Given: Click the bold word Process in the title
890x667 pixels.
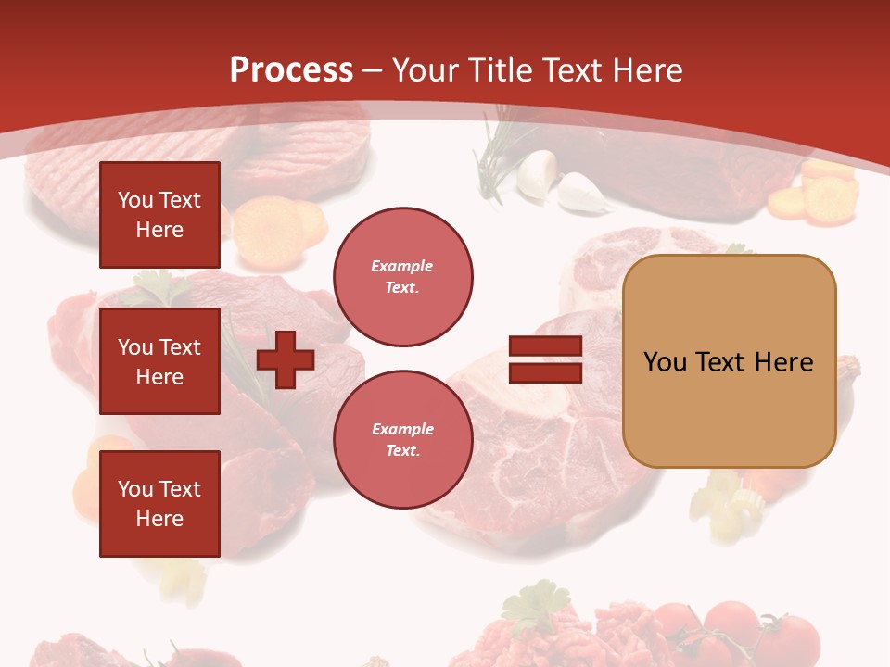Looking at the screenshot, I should [x=291, y=70].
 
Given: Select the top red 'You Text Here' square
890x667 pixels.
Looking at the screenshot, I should [x=159, y=215].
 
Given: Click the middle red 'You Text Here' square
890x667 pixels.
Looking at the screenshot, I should [x=159, y=361].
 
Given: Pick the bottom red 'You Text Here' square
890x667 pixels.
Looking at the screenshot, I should [x=159, y=504].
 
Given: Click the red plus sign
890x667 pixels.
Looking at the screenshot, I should [x=285, y=360].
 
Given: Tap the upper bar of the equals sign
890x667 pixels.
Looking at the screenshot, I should [x=545, y=346].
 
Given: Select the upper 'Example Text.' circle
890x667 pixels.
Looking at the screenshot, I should [x=402, y=277].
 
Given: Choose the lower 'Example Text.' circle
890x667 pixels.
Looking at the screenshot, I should [x=402, y=440].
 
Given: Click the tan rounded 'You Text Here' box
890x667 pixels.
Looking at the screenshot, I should [x=729, y=361].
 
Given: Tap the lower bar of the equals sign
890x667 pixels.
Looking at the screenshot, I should [x=545, y=373].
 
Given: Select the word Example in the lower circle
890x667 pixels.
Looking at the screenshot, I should [x=402, y=429].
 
